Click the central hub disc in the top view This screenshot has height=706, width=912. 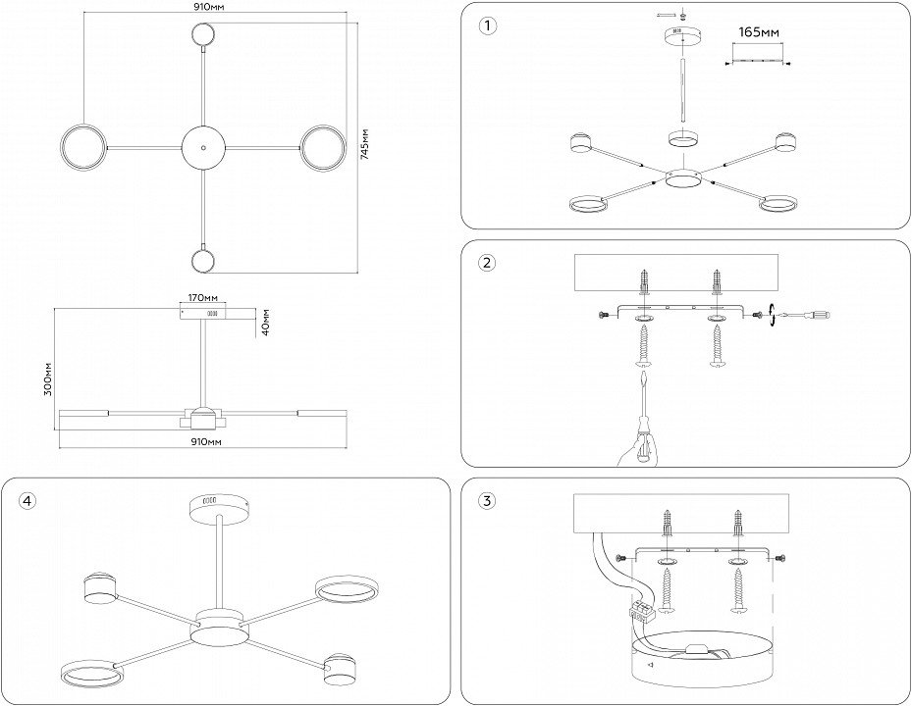(x=203, y=147)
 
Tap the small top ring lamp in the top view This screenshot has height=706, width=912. (x=203, y=35)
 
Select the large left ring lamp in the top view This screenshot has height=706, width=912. (x=80, y=147)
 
